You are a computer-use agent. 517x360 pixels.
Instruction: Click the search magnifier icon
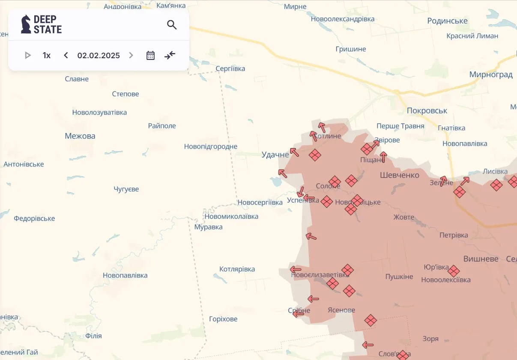(172, 25)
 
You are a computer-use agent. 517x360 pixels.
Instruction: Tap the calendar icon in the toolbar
(150, 55)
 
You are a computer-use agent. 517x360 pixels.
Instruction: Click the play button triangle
(28, 55)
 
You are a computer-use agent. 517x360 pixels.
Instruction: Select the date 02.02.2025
(99, 55)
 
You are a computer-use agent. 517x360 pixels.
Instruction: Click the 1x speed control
(47, 55)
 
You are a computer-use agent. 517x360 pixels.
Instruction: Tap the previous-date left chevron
(66, 55)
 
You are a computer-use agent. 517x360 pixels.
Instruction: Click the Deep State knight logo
(26, 24)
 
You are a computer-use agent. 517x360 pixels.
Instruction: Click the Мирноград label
(491, 74)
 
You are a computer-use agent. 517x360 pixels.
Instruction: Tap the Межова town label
(80, 136)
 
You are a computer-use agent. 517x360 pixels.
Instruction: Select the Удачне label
(275, 155)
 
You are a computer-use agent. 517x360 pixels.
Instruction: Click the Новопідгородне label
(211, 146)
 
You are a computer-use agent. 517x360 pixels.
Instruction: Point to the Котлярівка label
(237, 269)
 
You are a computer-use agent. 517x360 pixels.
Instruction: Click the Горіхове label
(223, 319)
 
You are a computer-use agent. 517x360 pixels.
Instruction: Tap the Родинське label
(447, 21)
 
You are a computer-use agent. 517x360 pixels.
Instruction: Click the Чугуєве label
(126, 189)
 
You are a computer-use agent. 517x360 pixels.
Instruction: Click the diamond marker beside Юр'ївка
(454, 271)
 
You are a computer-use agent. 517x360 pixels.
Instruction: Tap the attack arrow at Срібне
(298, 313)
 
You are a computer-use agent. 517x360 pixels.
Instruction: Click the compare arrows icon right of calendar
(170, 55)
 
